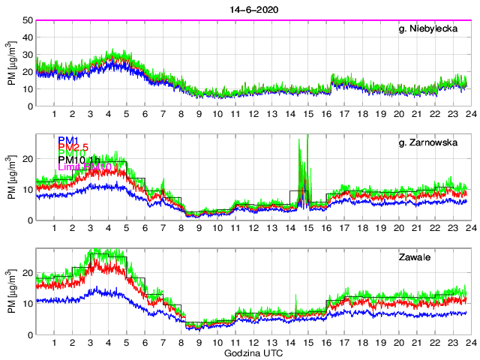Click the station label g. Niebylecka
(x=434, y=31)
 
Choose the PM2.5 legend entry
(x=75, y=148)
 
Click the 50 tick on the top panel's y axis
(x=26, y=20)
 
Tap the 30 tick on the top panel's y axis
(x=26, y=55)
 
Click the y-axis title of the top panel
(x=12, y=63)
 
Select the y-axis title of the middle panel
(x=12, y=177)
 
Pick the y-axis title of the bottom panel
(x=12, y=292)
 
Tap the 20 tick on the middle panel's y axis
(x=26, y=159)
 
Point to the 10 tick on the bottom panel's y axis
(x=26, y=304)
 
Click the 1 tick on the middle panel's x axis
(x=55, y=228)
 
